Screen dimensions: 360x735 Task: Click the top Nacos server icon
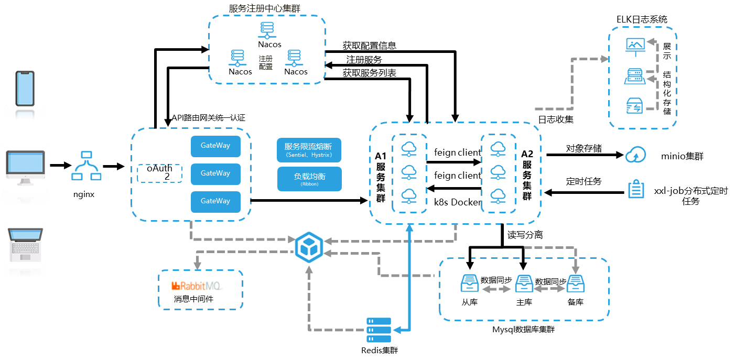click(267, 30)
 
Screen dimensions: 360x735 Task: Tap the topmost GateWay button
click(215, 146)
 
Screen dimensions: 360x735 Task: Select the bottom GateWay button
click(215, 202)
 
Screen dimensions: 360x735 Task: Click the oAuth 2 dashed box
click(159, 173)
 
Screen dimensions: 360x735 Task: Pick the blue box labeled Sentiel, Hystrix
click(309, 150)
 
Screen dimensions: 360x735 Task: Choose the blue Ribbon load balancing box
click(309, 179)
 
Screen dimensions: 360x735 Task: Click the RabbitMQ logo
click(197, 286)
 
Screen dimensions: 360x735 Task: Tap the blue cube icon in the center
click(309, 247)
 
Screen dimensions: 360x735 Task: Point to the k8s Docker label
click(458, 202)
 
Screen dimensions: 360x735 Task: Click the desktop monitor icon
click(25, 167)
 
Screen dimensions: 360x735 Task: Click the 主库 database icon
click(524, 283)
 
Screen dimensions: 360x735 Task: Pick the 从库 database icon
click(469, 283)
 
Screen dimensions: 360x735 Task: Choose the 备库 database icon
click(576, 283)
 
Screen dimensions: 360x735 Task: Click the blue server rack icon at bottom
click(379, 330)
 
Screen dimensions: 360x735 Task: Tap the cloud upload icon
click(636, 155)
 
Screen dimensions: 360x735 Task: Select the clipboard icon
click(636, 189)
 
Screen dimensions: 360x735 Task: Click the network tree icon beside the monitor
click(86, 166)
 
